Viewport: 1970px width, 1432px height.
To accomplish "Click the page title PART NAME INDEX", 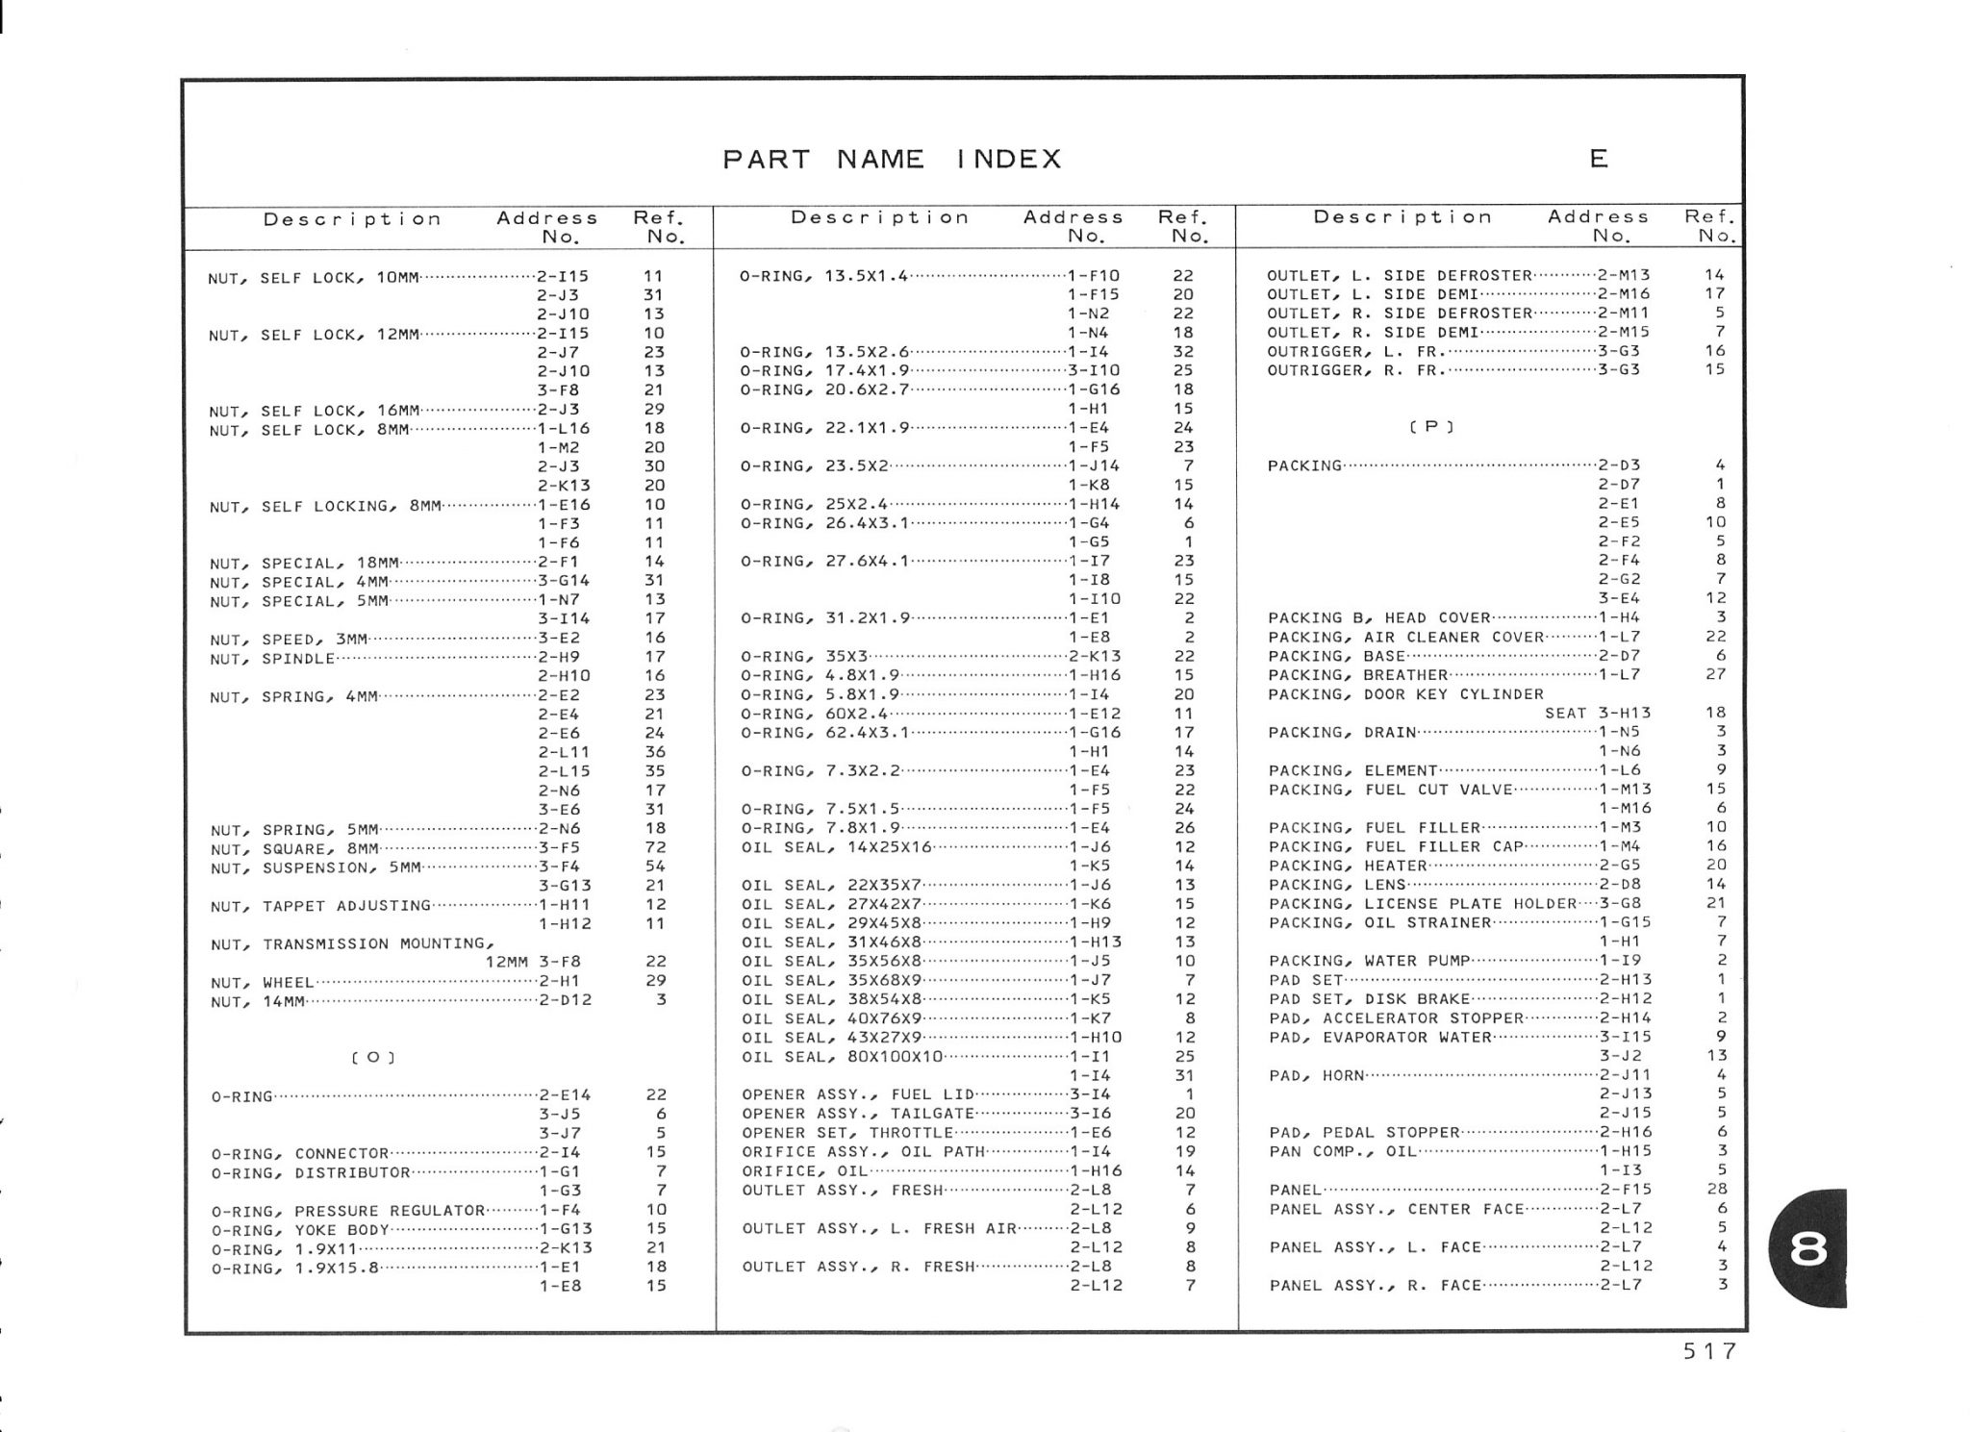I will (x=892, y=159).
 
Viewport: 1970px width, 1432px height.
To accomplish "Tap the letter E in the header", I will (x=1599, y=159).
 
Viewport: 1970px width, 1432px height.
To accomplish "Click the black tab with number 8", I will (x=1807, y=1248).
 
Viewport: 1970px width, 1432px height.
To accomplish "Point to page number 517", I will (x=1709, y=1351).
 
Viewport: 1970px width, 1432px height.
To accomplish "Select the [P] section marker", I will (x=1430, y=427).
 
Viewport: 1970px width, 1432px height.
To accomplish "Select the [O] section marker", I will (x=373, y=1058).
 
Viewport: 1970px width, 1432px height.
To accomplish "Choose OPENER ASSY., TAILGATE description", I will (x=858, y=1114).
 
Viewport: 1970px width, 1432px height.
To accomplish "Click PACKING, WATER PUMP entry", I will (x=1369, y=961).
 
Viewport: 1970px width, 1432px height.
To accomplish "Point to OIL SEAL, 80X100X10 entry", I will (x=843, y=1057).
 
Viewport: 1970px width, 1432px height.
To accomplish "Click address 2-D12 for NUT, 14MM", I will (x=565, y=1000).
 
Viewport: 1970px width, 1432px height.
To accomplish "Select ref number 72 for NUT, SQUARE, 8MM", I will (x=655, y=847).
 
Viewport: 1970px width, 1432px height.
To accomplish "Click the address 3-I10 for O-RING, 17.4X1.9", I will (x=1094, y=370).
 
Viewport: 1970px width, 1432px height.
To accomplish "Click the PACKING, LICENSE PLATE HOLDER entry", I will (x=1423, y=904).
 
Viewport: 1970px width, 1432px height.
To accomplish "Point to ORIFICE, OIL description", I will (x=804, y=1171).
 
